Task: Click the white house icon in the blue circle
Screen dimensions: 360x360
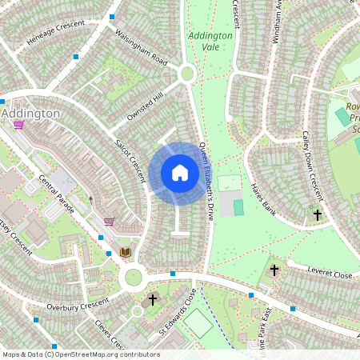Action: point(179,173)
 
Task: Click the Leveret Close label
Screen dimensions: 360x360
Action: point(330,274)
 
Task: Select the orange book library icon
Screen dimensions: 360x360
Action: point(125,252)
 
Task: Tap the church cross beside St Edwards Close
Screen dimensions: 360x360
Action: point(153,299)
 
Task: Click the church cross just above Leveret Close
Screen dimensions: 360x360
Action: point(275,271)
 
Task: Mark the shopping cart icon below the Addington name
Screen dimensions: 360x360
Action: point(18,126)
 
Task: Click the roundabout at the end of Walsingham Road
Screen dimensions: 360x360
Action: point(187,74)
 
